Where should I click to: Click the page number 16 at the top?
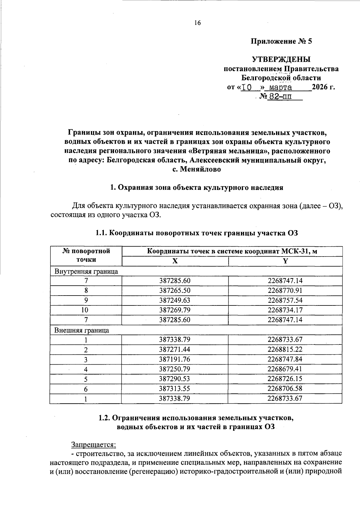coord(197,23)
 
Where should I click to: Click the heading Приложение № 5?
coord(281,41)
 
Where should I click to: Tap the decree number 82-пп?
coord(279,97)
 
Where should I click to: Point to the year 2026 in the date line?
coord(320,87)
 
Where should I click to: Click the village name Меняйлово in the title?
coord(200,169)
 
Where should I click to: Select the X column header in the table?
coord(175,261)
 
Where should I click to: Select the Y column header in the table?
coord(285,261)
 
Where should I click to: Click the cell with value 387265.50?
coord(175,290)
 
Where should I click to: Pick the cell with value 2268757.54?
coord(285,300)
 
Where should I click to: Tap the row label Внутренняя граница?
coord(86,272)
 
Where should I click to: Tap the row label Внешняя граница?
coord(82,330)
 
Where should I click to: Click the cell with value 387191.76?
coord(175,359)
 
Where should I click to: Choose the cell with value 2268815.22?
coord(285,350)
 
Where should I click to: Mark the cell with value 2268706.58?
coord(285,389)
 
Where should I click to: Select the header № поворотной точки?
coord(86,255)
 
